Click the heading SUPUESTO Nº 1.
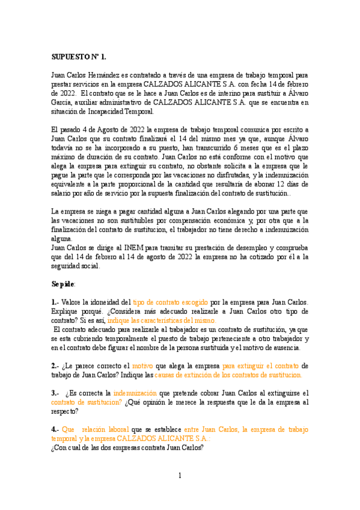coord(78,57)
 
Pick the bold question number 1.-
coord(55,302)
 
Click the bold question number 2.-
coord(55,365)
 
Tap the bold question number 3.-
coord(55,393)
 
